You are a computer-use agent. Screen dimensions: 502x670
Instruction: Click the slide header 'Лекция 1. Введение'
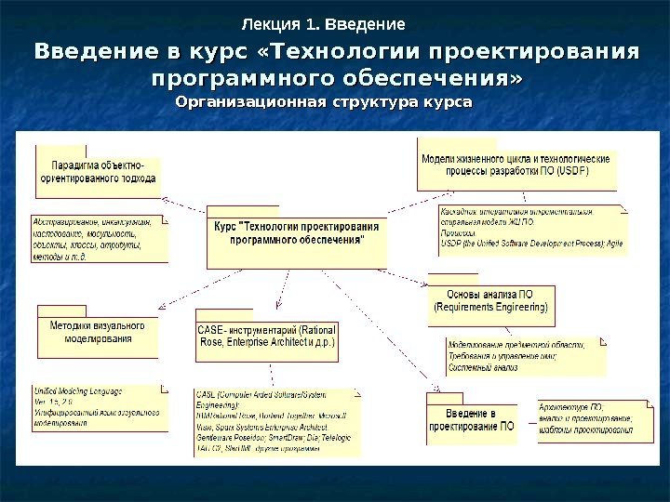pos(323,23)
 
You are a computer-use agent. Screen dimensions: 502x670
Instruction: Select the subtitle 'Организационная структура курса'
pos(324,100)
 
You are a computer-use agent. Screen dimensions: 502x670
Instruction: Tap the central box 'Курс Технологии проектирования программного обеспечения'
pos(297,233)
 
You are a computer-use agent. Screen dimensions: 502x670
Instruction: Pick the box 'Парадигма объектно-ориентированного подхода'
pos(97,171)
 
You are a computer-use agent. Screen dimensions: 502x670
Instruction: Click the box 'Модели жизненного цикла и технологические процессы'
pos(516,165)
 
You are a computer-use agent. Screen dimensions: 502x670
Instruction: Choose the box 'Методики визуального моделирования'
pos(98,333)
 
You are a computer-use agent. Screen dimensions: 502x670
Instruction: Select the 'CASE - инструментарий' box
pos(266,336)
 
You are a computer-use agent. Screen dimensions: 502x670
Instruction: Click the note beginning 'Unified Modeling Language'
pos(99,406)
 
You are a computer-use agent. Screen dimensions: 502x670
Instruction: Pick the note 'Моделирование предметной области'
pos(523,354)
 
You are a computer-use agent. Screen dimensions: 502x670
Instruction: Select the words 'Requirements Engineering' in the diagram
pos(491,307)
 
